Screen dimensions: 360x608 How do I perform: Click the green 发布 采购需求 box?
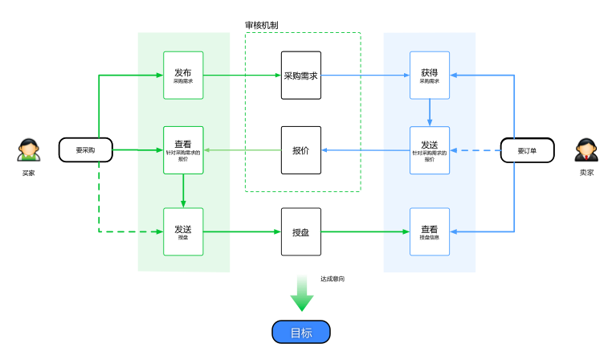point(183,76)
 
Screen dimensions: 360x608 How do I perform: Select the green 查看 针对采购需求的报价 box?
point(183,150)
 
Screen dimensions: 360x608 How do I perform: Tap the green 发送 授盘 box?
point(183,231)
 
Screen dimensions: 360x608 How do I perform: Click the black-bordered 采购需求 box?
point(301,76)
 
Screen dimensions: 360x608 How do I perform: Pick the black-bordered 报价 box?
point(301,150)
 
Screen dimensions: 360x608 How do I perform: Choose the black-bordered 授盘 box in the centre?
point(301,231)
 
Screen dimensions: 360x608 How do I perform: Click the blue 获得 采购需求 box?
point(430,76)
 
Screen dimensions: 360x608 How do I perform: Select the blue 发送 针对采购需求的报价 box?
point(430,150)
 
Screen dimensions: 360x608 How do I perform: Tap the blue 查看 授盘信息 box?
point(430,231)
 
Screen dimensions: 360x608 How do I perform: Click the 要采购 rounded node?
point(85,149)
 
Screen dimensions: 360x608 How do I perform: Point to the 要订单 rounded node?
point(527,150)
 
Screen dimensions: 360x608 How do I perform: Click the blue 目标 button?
point(301,333)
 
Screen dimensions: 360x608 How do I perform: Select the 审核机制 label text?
point(262,25)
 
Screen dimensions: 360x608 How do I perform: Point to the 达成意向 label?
point(333,279)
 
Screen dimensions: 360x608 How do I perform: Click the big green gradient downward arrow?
point(302,294)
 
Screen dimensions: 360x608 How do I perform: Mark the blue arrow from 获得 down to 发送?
point(430,112)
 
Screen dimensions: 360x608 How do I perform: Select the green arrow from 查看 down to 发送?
point(184,191)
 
